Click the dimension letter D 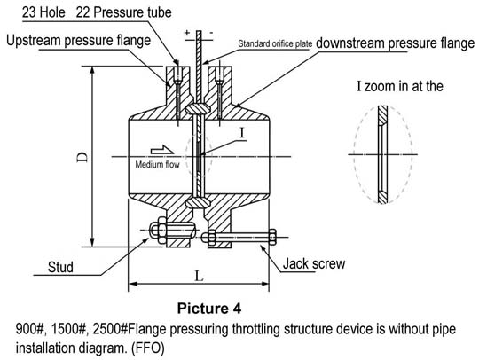point(82,157)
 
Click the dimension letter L point(199,277)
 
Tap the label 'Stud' point(60,267)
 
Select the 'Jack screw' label point(314,263)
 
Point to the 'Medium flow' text point(157,165)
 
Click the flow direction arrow point(162,150)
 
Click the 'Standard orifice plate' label point(275,44)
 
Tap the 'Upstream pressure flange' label point(79,40)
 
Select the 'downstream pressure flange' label point(395,43)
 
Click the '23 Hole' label point(43,12)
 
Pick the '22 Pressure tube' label point(123,12)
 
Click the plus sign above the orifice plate point(187,33)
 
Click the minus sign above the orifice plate point(211,33)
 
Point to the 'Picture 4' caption point(209,308)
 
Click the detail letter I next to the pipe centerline point(242,133)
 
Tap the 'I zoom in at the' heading point(400,86)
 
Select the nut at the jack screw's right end point(272,237)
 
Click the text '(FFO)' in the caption point(148,348)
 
